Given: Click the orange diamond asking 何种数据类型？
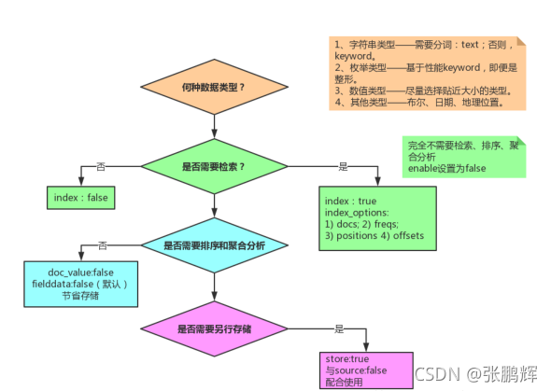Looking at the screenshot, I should coord(214,87).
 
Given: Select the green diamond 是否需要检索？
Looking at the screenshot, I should coord(214,166).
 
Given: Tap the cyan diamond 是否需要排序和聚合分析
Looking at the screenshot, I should coord(214,246).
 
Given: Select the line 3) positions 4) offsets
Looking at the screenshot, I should coord(374,236).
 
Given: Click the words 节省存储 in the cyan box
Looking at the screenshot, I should coord(82,296).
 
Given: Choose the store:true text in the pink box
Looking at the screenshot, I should coord(346,358).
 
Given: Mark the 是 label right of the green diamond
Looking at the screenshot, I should coord(343,166).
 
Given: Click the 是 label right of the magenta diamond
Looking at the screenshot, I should coord(339,328).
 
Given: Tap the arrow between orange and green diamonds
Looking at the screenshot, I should coord(214,126).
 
